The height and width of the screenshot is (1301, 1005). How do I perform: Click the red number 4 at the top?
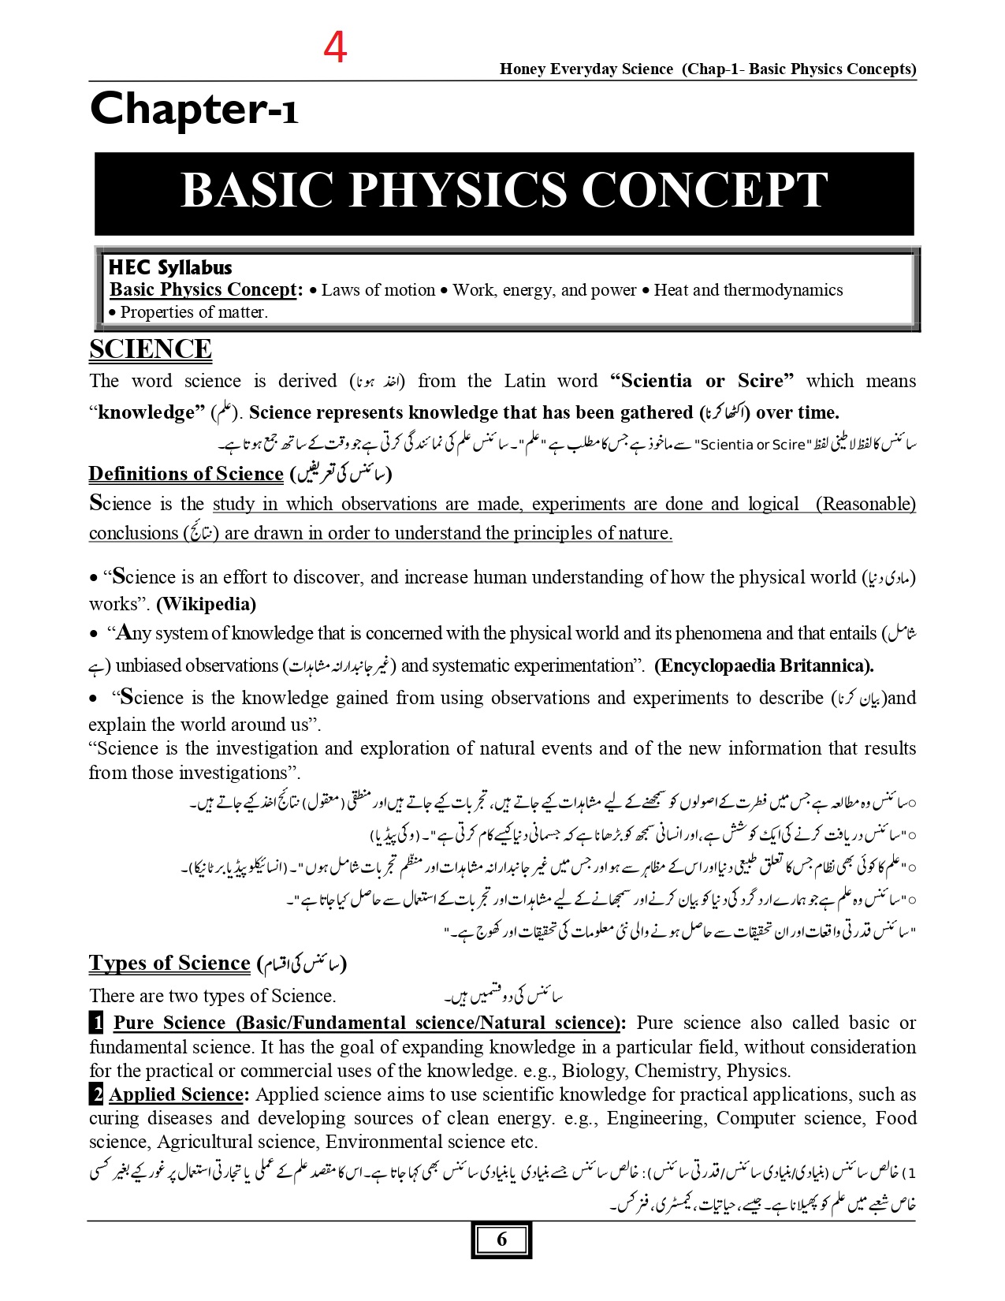click(335, 48)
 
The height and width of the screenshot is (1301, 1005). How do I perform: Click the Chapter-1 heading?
click(194, 110)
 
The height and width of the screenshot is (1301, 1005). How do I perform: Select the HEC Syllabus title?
click(170, 267)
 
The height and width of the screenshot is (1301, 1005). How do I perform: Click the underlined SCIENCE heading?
click(150, 349)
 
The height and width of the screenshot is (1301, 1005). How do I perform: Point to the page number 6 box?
click(502, 1239)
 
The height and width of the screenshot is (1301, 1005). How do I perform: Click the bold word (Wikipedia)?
click(207, 604)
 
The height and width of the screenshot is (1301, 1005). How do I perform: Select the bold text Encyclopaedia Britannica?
click(764, 665)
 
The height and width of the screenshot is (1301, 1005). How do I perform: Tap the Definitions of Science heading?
click(186, 474)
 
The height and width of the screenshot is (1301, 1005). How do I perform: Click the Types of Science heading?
click(169, 964)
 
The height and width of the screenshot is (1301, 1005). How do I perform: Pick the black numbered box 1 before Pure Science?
click(96, 1023)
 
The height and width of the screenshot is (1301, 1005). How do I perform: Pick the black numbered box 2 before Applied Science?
click(96, 1094)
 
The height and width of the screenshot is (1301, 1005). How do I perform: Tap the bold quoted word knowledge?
click(146, 412)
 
